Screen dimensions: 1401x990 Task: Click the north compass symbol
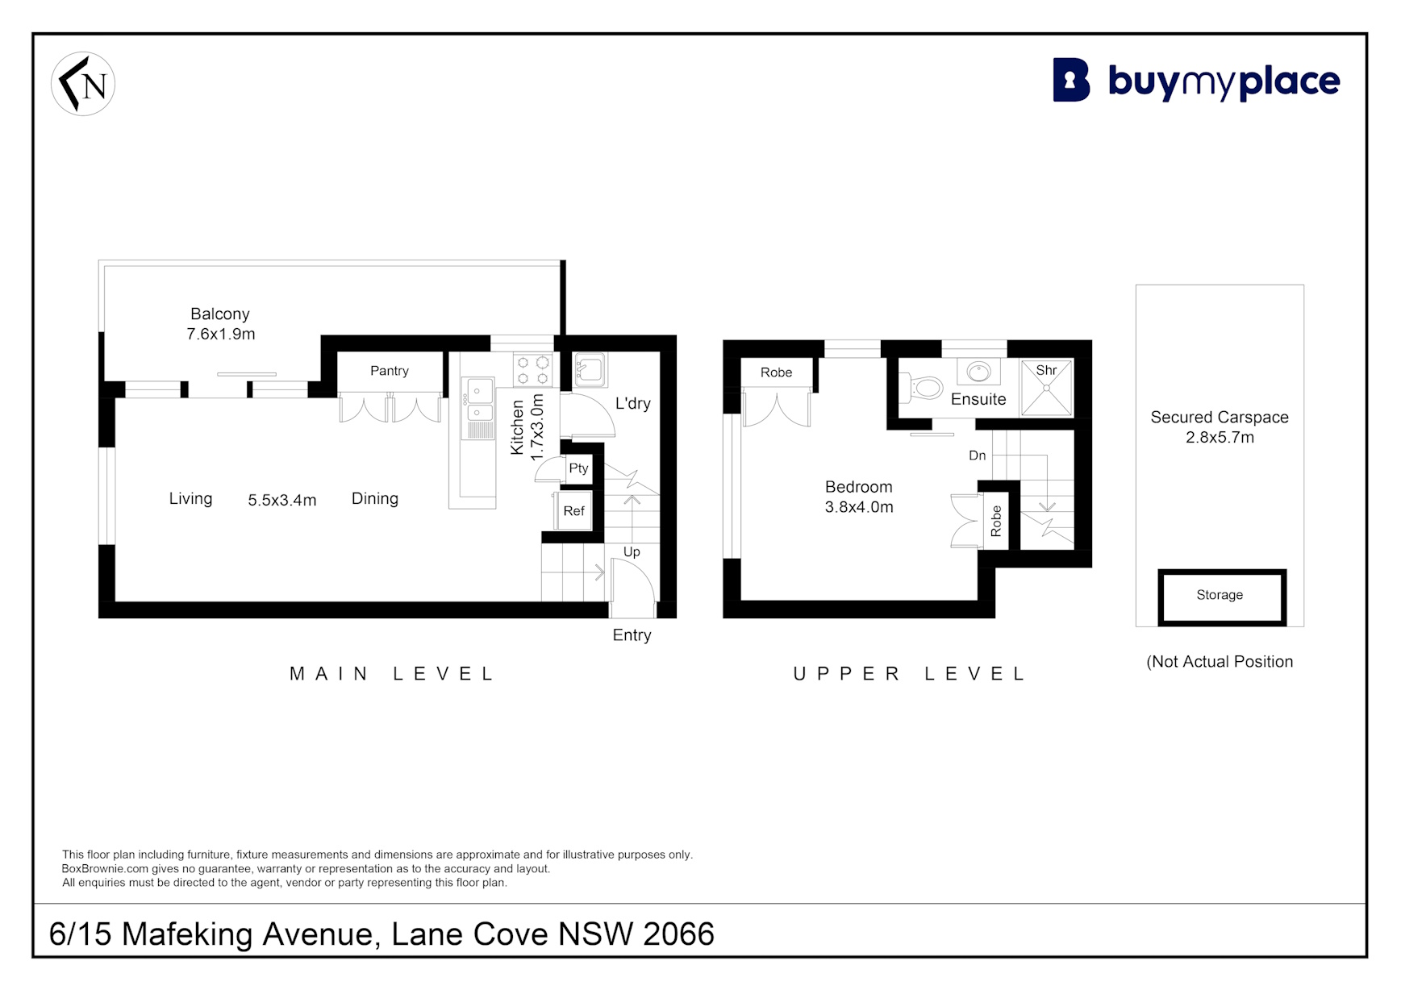83,84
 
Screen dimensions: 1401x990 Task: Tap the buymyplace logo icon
1071,80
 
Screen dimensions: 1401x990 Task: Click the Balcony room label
220,314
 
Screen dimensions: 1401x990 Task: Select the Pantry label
390,371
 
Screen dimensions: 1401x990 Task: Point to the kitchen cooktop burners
532,371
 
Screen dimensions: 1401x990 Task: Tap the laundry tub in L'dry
590,370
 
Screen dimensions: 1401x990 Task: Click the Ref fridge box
573,511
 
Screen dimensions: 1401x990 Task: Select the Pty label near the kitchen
578,468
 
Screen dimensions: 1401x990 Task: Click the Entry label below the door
632,635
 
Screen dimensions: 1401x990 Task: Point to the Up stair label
632,552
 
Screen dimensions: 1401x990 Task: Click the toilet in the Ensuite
921,388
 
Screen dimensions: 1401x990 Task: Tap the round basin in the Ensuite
978,372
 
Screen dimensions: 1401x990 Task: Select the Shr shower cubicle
1046,388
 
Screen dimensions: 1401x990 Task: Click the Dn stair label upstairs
977,455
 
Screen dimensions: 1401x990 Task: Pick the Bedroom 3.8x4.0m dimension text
859,507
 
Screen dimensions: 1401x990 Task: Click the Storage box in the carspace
1221,597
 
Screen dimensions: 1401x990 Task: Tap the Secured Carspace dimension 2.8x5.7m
1220,438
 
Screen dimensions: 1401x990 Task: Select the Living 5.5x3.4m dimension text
281,501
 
